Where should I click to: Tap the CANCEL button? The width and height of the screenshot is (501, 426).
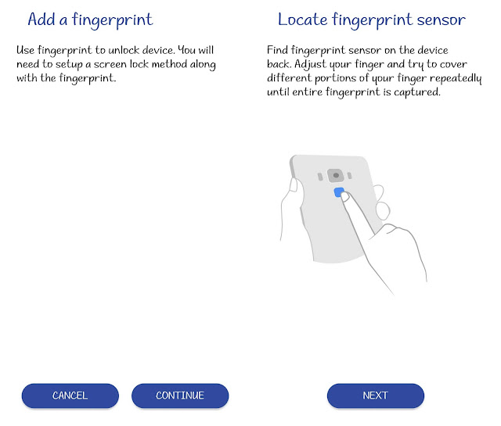[x=70, y=396]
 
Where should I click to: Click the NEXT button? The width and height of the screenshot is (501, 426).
[x=376, y=396]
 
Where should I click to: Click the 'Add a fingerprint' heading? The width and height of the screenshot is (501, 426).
[x=91, y=20]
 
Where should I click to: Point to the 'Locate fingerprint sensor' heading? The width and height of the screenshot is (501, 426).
[x=372, y=20]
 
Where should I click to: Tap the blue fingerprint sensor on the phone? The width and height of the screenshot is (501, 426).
[x=339, y=192]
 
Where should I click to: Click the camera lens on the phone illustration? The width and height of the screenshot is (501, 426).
[x=336, y=175]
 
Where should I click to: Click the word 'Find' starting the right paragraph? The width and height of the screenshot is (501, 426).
[x=277, y=50]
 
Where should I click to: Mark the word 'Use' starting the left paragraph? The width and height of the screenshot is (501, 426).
[x=25, y=50]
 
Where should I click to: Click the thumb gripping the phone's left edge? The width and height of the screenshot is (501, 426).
[x=294, y=185]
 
